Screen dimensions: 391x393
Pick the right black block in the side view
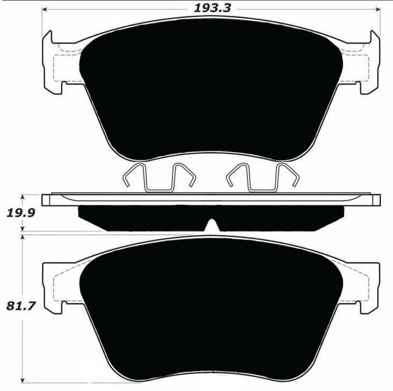(281, 218)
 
